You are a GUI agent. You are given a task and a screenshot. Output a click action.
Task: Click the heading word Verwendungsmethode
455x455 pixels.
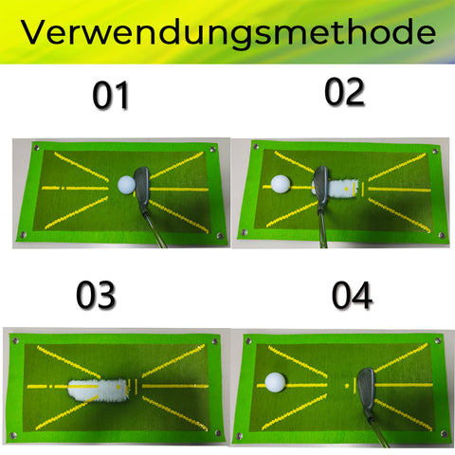(x=228, y=32)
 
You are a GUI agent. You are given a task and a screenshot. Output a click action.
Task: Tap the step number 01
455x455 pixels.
(x=111, y=96)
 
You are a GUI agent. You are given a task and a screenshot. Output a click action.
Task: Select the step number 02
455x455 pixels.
(x=344, y=92)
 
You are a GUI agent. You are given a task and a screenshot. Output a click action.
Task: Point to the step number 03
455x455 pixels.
(x=96, y=295)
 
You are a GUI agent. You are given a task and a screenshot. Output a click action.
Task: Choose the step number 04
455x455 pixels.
(x=352, y=296)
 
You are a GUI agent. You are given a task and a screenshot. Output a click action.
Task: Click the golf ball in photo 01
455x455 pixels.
(x=127, y=185)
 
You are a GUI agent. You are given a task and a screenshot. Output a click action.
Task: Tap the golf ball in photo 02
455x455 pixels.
(x=281, y=184)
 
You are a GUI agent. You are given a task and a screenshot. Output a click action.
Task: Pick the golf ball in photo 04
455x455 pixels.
(x=275, y=382)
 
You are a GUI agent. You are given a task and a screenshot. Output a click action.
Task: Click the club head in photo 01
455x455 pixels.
(x=141, y=189)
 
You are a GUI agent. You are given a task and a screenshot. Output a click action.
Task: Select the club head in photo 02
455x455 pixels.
(x=320, y=188)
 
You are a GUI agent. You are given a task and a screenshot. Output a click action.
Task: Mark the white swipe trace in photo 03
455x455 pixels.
(x=99, y=391)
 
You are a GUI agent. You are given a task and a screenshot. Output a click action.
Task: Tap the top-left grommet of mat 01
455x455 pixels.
(x=36, y=148)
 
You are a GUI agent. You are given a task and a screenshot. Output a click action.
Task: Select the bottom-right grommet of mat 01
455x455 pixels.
(x=220, y=236)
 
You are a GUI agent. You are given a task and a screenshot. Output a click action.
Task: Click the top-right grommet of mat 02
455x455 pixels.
(x=435, y=152)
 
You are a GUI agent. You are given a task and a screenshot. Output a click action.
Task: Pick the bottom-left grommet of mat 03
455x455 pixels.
(x=13, y=436)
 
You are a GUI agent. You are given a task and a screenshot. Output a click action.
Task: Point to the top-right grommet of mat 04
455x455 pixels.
(x=437, y=340)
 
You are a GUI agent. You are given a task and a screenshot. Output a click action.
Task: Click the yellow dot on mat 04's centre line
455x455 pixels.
(x=347, y=386)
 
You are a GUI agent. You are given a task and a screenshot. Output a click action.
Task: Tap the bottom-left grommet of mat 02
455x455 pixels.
(x=244, y=233)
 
